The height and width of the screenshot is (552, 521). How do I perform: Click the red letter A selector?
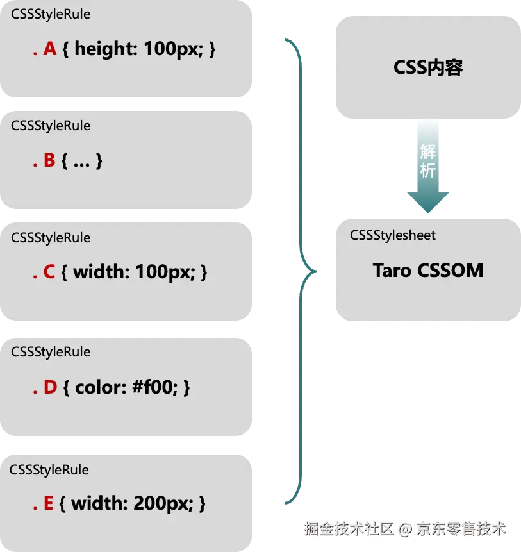[50, 49]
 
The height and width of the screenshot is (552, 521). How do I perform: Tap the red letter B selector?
[49, 161]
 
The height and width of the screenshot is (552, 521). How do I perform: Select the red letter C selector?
[49, 272]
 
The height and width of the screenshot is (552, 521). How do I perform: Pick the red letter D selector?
[51, 387]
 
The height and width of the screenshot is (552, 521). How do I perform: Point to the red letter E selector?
[49, 504]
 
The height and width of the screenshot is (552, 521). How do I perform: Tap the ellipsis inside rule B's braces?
[81, 162]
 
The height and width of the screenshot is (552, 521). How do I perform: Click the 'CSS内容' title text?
[427, 68]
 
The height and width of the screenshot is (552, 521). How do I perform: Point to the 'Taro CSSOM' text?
[427, 270]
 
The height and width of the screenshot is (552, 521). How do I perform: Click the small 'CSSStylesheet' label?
[392, 235]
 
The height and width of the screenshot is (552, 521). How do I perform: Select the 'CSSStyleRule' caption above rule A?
[51, 13]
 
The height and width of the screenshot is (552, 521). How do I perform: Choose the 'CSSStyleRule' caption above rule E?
[49, 470]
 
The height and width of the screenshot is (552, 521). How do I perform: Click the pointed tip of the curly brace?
[314, 271]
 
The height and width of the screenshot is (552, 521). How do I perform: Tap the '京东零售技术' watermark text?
[461, 528]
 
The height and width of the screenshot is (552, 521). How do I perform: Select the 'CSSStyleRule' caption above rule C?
[51, 238]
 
